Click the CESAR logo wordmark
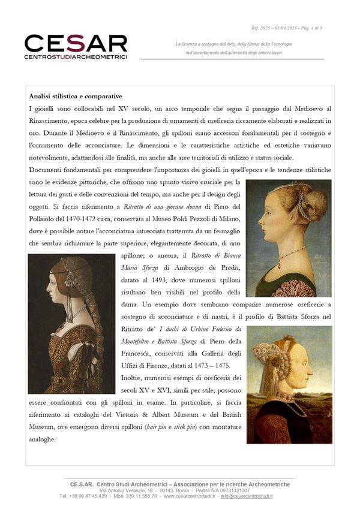pos(76,43)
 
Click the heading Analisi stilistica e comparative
pos(76,96)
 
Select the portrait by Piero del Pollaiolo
pos(289,238)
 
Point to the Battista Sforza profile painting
pos(289,384)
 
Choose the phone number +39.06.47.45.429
pos(83,496)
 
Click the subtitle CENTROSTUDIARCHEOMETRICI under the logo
pos(76,58)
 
